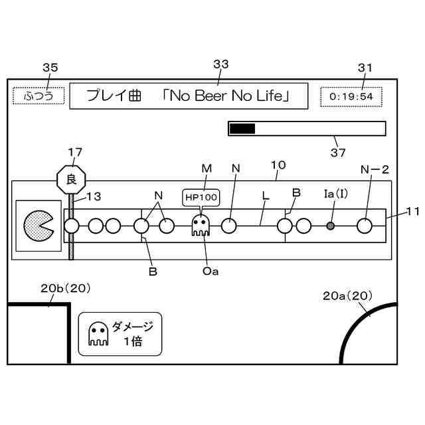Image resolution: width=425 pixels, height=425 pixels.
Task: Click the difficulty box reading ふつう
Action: click(39, 96)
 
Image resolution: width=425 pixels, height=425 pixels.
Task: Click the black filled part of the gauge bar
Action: click(242, 129)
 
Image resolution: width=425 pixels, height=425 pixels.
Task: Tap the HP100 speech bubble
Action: click(200, 198)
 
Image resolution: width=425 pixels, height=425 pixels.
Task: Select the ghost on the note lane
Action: click(200, 225)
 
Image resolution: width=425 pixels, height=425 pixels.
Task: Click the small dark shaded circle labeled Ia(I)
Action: click(330, 226)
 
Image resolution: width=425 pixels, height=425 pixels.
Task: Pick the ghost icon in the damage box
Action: click(98, 334)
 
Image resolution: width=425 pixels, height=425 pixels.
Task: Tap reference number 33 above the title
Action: click(221, 64)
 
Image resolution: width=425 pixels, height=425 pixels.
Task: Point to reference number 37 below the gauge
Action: click(338, 153)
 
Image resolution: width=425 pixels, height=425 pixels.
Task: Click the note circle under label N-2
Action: click(364, 226)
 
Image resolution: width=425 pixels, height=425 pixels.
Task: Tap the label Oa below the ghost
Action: click(211, 270)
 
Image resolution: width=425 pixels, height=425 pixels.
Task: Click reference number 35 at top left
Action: click(50, 67)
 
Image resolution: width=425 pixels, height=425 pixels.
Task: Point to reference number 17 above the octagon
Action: click(75, 152)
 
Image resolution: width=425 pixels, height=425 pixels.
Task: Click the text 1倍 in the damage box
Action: click(132, 343)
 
